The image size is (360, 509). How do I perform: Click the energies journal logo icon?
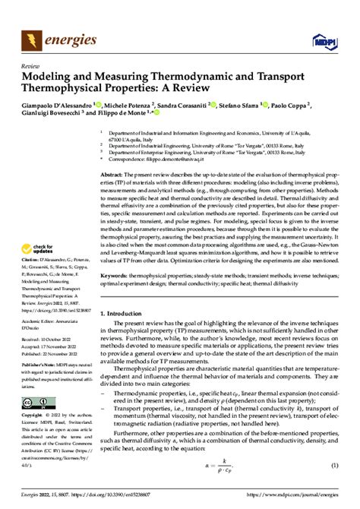point(33,37)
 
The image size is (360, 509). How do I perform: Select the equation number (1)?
point(331,464)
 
